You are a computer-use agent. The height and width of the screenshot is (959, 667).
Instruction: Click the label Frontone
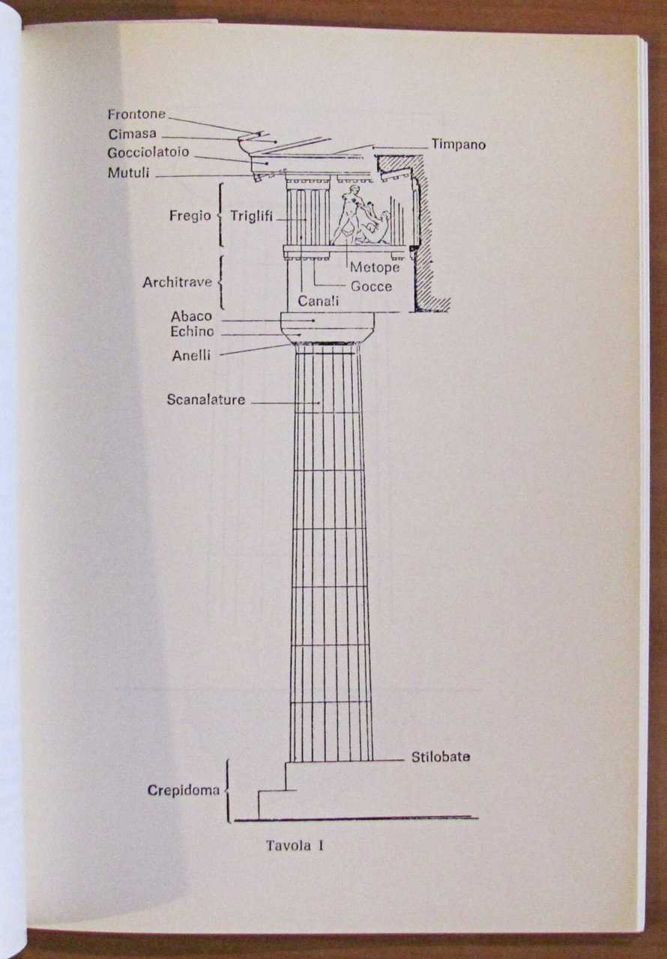pyautogui.click(x=136, y=115)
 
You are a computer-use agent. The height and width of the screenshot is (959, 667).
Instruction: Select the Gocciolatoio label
pyautogui.click(x=148, y=152)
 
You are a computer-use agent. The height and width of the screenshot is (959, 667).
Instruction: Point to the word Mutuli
pyautogui.click(x=129, y=173)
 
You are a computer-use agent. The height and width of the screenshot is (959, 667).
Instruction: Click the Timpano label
pyautogui.click(x=457, y=145)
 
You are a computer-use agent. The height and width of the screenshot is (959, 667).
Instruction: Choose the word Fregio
pyautogui.click(x=189, y=215)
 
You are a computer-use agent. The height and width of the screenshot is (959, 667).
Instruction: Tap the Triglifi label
pyautogui.click(x=251, y=216)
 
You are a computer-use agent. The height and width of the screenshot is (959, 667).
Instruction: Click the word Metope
pyautogui.click(x=373, y=267)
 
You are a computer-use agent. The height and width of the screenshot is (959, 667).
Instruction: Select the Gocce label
pyautogui.click(x=371, y=286)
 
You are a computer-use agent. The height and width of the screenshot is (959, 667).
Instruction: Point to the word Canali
pyautogui.click(x=319, y=301)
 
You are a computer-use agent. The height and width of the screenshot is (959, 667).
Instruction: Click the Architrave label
pyautogui.click(x=177, y=283)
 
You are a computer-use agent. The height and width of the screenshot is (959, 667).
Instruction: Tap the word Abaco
pyautogui.click(x=191, y=317)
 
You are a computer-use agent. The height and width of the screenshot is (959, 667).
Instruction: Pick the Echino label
pyautogui.click(x=192, y=332)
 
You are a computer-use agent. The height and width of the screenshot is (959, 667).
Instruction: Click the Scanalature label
pyautogui.click(x=205, y=400)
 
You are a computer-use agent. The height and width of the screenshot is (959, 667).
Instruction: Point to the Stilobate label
pyautogui.click(x=441, y=757)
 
